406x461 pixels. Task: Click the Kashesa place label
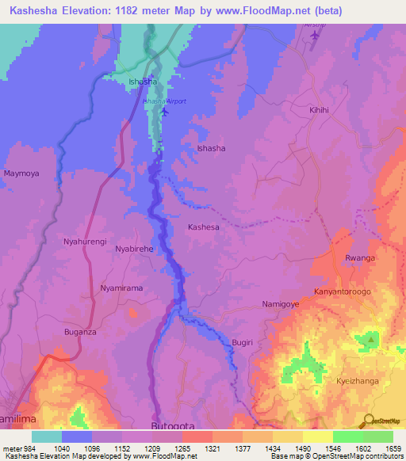tap(203, 227)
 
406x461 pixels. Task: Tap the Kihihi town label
tap(319, 113)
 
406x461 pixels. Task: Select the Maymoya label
tap(21, 173)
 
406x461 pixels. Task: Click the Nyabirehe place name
tap(135, 249)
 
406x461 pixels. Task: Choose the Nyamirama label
tap(121, 288)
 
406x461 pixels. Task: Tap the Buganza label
tap(80, 333)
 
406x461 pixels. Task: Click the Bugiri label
tap(242, 341)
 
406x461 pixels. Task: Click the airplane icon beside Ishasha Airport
tap(164, 111)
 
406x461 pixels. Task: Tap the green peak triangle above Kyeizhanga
tap(370, 341)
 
